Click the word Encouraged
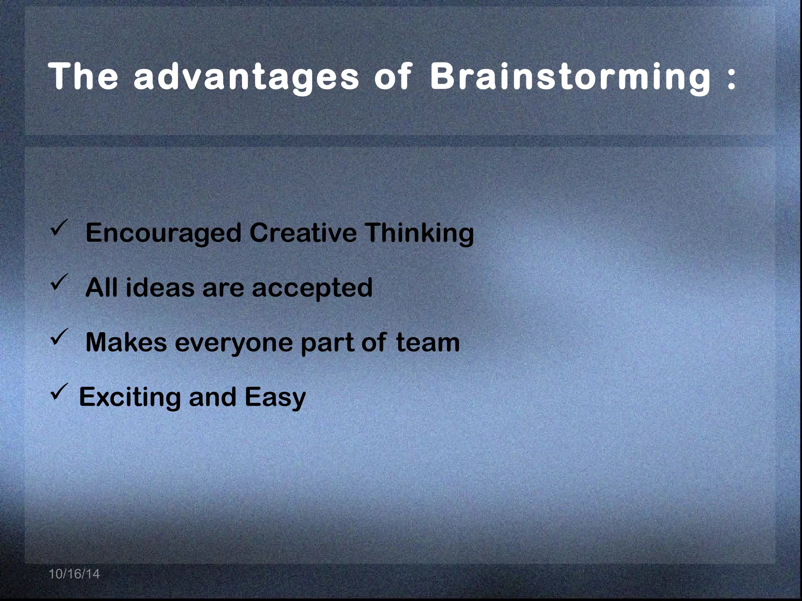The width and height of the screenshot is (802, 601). [x=163, y=233]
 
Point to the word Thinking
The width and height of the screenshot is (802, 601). [x=419, y=233]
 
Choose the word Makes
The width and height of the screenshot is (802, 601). [x=126, y=342]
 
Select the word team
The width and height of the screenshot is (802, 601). [x=428, y=342]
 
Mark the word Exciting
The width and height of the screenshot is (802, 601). [x=130, y=398]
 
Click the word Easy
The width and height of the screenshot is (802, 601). [x=275, y=398]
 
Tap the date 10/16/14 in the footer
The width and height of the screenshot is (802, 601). [x=74, y=574]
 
